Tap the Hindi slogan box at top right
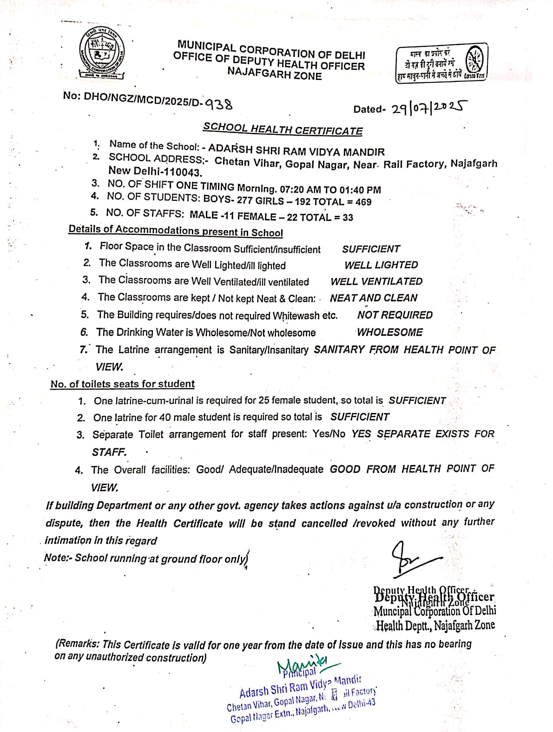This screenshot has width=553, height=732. point(441,63)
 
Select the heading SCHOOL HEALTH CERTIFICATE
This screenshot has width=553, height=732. point(283,129)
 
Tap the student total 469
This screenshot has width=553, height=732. point(363,202)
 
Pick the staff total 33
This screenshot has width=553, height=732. point(348,217)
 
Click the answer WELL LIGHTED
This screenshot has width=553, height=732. point(381,265)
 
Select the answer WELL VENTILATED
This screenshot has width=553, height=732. point(376,281)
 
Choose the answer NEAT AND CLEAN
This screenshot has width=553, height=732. point(374,298)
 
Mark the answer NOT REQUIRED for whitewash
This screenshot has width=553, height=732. point(395,315)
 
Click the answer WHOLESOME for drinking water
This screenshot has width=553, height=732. point(389,332)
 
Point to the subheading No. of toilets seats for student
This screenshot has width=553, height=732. point(122,384)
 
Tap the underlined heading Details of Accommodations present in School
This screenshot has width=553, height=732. point(176,231)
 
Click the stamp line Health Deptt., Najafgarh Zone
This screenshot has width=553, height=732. point(435,626)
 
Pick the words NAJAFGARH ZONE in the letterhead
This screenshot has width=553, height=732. point(274,73)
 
